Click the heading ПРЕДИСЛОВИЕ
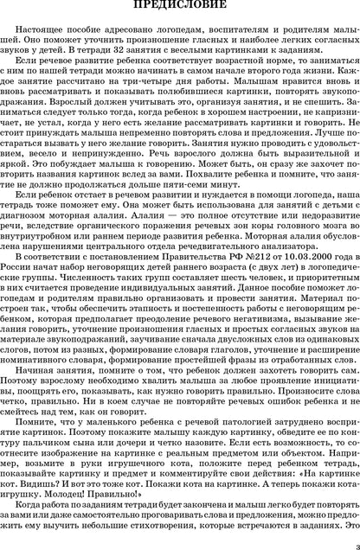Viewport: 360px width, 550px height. (x=179, y=10)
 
